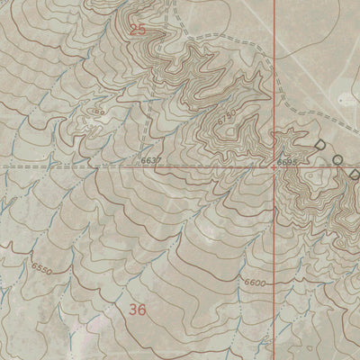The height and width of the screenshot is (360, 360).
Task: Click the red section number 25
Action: (137, 30)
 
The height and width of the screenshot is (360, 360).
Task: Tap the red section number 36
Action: (137, 309)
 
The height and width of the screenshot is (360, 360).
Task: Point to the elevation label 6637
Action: (151, 160)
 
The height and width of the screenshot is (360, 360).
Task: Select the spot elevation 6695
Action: (287, 160)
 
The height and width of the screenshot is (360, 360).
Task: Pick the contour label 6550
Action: (40, 267)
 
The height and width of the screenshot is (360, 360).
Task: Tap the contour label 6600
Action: (256, 283)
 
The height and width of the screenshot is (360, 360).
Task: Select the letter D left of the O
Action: (318, 144)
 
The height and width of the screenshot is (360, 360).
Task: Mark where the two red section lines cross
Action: (274, 166)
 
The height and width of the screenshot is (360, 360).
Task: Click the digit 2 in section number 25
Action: (132, 30)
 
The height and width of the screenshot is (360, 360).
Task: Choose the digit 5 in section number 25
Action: (141, 30)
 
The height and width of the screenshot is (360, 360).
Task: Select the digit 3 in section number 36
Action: (132, 309)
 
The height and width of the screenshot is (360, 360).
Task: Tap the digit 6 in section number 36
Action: (141, 309)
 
